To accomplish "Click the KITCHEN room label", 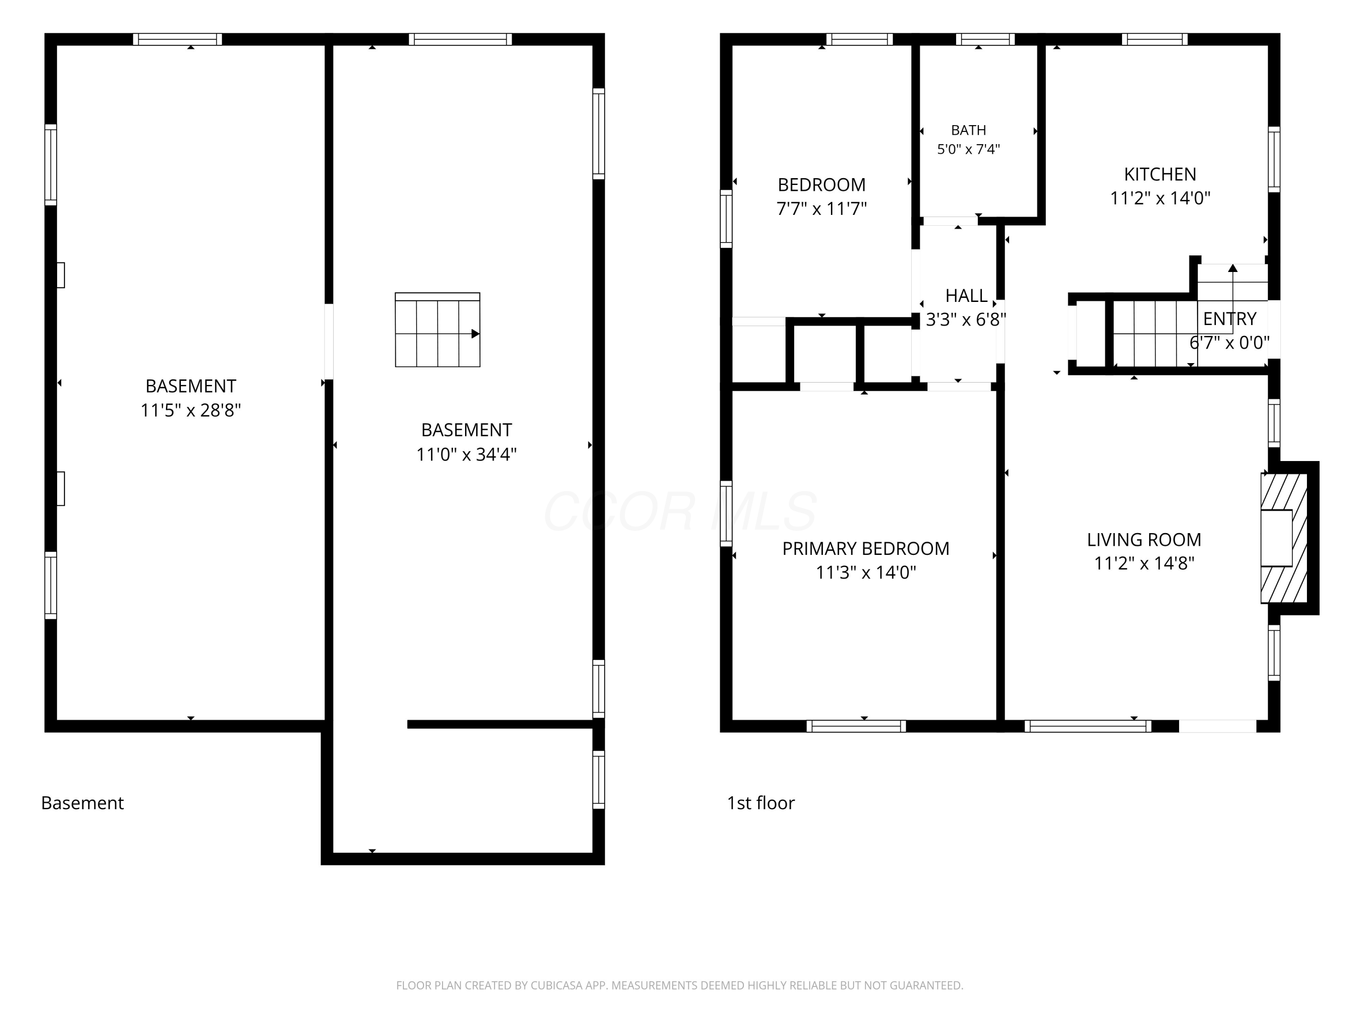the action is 1160,175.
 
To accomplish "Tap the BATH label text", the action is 968,131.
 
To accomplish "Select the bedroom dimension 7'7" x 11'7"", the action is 821,209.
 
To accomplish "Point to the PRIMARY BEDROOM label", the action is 866,549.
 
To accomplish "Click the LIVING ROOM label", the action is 1144,540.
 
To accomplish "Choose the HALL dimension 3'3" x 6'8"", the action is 966,320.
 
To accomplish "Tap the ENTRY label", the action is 1229,319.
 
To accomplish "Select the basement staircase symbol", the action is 437,330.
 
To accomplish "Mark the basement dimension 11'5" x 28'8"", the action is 190,410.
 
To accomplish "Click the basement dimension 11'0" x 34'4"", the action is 466,454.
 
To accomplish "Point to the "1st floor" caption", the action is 761,803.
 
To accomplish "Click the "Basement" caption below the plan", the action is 83,803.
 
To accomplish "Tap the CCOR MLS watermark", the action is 680,511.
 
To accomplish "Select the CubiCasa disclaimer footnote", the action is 680,986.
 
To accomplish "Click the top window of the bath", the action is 985,39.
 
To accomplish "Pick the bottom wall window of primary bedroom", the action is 856,726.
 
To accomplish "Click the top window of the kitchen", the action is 1154,39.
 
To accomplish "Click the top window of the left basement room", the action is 177,39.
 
